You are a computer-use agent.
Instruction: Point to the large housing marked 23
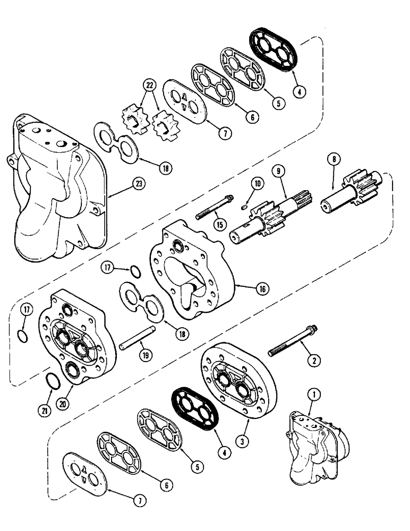[58, 191]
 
